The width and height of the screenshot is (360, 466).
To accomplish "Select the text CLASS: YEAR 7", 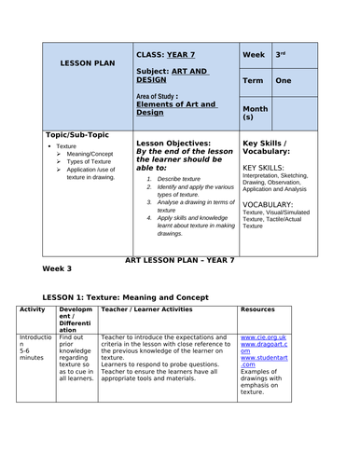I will pos(168,55).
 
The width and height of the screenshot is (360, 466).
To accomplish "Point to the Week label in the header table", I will pos(254,55).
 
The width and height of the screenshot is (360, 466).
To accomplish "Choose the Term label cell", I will pos(254,81).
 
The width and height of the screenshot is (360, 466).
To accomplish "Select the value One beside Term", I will pos(284,81).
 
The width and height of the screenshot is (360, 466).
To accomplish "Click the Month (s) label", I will pos(256,112).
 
